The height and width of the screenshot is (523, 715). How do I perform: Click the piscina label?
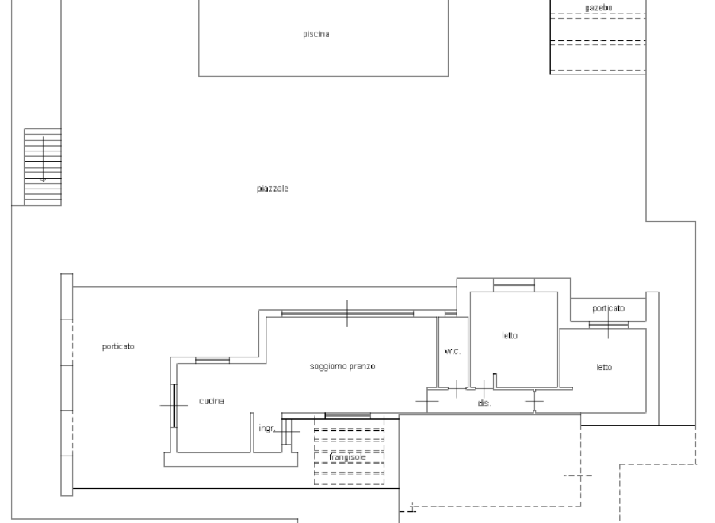[x=316, y=34]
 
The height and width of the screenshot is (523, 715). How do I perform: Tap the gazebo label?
[x=598, y=7]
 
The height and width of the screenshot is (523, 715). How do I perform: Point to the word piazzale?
[x=272, y=189]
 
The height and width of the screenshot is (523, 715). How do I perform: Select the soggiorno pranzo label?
[x=342, y=366]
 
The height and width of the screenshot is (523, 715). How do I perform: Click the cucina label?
[x=212, y=401]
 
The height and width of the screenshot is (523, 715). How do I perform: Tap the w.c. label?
[x=453, y=352]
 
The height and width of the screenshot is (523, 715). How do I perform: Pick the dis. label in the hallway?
[x=484, y=403]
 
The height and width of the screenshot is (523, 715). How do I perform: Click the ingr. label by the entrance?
[x=267, y=428]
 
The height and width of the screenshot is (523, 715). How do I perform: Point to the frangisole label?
[x=347, y=457]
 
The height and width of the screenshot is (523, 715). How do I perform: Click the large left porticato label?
[x=118, y=346]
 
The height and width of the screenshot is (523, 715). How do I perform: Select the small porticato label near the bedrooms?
[x=608, y=309]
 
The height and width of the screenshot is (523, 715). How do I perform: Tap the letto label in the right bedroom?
[x=604, y=367]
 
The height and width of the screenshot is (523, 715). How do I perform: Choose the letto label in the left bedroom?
[x=510, y=336]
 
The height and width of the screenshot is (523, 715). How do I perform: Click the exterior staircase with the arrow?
[x=42, y=167]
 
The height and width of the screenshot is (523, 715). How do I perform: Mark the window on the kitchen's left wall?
[x=174, y=406]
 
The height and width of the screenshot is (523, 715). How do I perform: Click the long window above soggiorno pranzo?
[x=347, y=313]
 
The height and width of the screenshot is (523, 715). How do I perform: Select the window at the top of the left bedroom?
[x=514, y=285]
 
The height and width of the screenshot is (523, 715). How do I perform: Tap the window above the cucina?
[x=212, y=361]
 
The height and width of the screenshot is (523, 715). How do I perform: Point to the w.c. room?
[x=453, y=352]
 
